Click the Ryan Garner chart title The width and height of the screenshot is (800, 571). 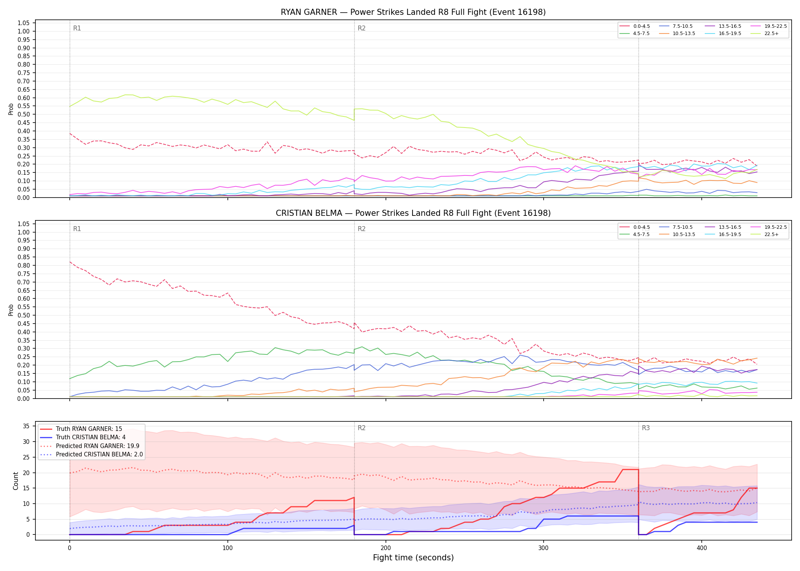(413, 12)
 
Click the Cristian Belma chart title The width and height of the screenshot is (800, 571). (413, 213)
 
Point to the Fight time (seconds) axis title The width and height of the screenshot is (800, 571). (413, 558)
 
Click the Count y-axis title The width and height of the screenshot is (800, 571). (16, 481)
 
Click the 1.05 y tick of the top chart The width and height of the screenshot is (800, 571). (24, 23)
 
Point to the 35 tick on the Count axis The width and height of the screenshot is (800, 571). (26, 426)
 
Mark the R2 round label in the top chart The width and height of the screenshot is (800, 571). (362, 28)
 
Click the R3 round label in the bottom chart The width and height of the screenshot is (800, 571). (646, 428)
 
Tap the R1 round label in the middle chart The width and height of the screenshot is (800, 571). (77, 229)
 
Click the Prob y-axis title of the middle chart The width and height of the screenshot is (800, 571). (11, 310)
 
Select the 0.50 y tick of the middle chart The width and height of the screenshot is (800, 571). (24, 315)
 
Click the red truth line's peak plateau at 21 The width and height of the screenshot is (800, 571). (630, 469)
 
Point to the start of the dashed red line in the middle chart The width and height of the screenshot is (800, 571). (70, 262)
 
